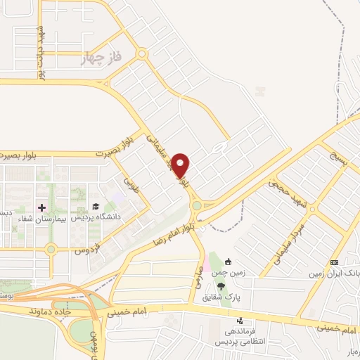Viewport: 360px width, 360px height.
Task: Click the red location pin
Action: point(181,166)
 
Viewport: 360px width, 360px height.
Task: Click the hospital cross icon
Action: point(41,207)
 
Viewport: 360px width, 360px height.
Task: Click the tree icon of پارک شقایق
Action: point(221,286)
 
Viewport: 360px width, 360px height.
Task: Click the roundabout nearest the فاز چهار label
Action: point(142,53)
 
